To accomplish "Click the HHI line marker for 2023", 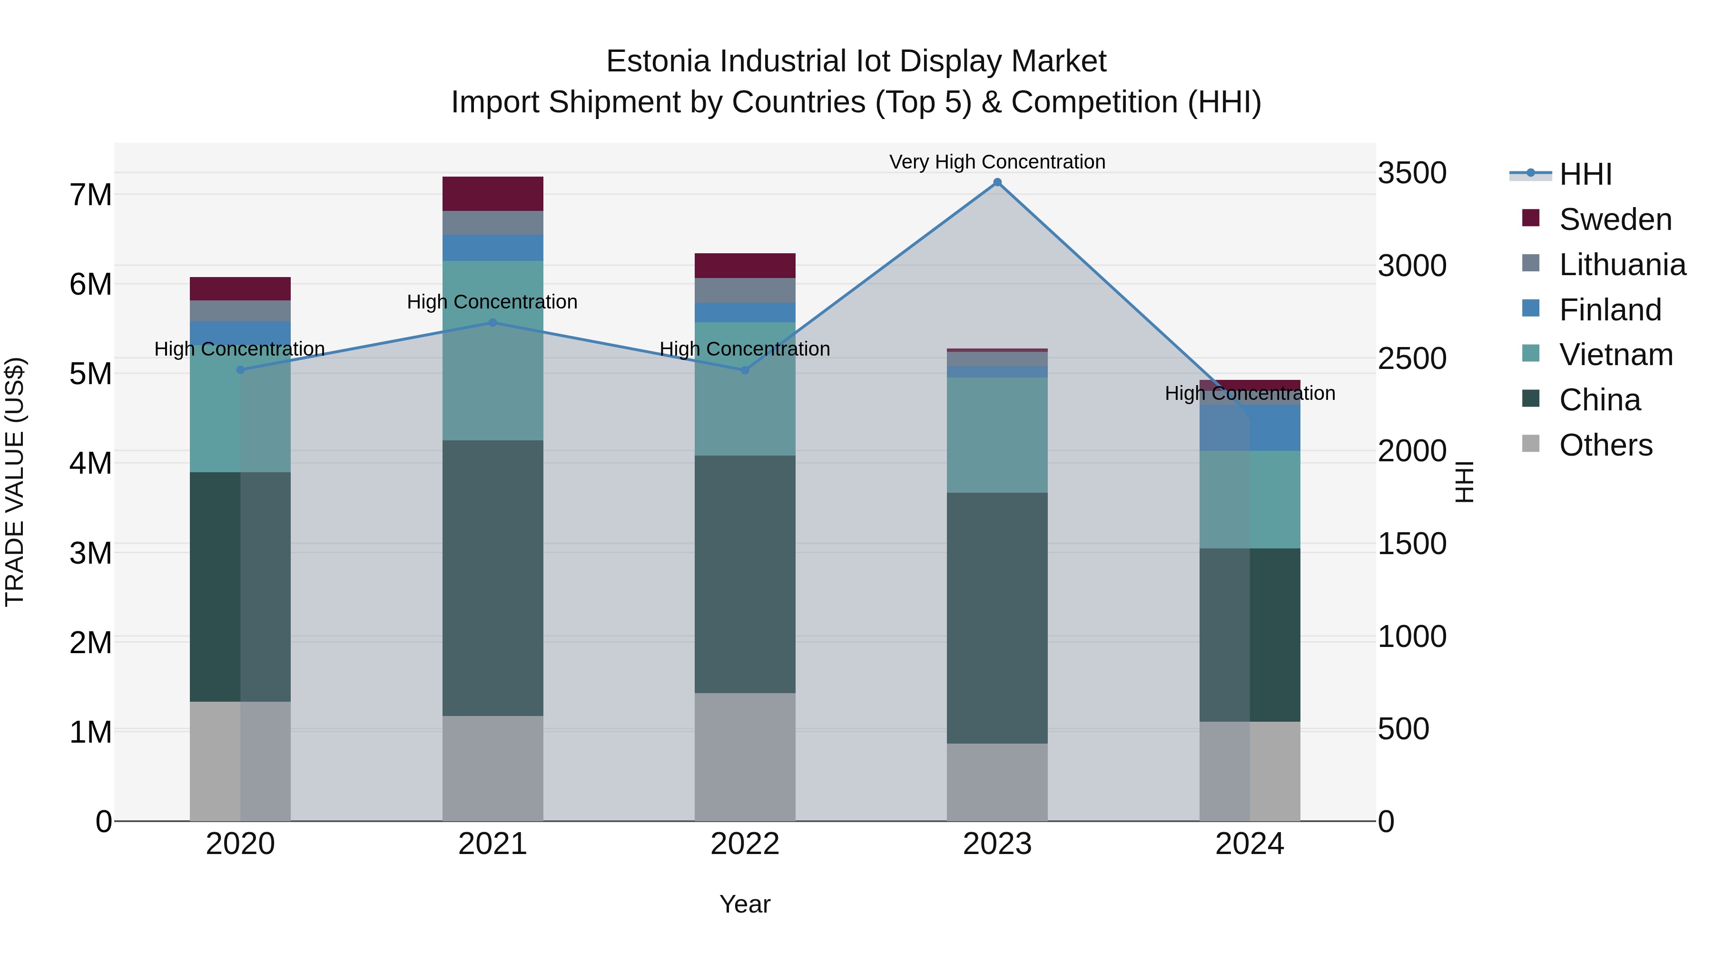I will (x=997, y=182).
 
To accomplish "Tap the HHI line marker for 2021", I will (x=493, y=323).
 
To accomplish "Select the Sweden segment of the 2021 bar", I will (x=493, y=194).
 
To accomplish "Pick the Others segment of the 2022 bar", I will (x=745, y=756).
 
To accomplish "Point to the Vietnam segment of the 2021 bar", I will (x=493, y=350).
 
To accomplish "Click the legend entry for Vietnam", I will (x=1615, y=355).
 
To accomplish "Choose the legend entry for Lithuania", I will (x=1622, y=265).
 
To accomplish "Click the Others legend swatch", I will (x=1531, y=444).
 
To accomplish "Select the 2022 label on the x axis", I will (x=745, y=844).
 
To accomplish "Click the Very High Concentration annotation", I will (x=997, y=162).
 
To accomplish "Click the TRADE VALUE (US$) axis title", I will (x=15, y=482).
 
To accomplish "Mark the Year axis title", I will (x=745, y=904).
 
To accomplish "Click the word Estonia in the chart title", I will (x=659, y=61).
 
